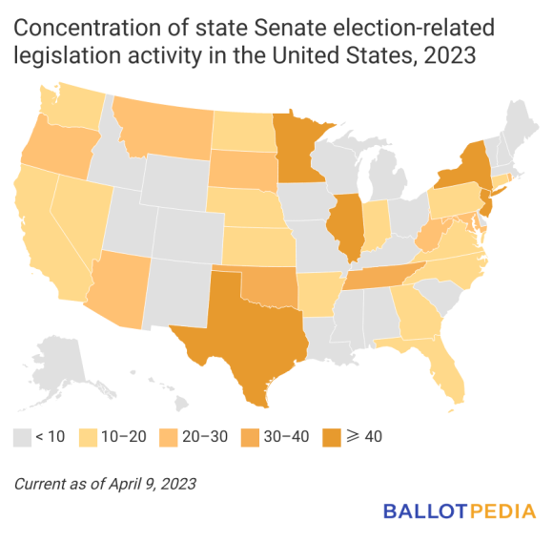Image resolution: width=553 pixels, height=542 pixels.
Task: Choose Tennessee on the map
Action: click(x=381, y=275)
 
